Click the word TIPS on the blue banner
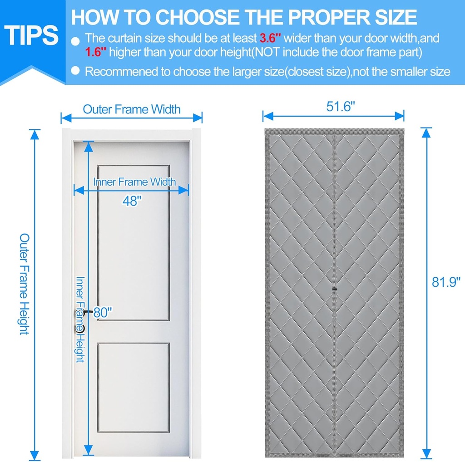(x=31, y=35)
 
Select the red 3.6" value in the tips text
(x=270, y=38)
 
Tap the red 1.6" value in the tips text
(x=95, y=52)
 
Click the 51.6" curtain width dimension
(x=341, y=106)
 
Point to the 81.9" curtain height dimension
(x=446, y=282)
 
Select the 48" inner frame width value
(x=132, y=201)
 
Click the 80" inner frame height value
(x=103, y=312)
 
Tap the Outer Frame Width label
(x=132, y=109)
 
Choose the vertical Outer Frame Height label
(x=25, y=284)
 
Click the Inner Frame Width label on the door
(x=134, y=182)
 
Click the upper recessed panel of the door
(x=134, y=243)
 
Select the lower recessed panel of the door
(x=134, y=387)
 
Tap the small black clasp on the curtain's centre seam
(x=335, y=289)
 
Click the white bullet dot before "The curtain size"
(x=76, y=41)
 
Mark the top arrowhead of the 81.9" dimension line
(x=426, y=133)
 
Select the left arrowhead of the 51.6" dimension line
(x=268, y=116)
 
